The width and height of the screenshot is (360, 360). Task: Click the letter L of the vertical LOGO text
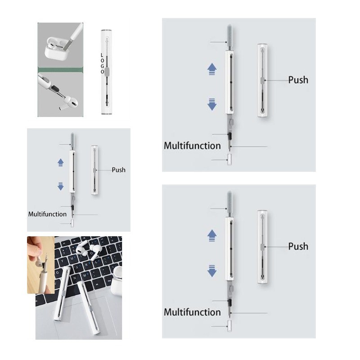(102, 55)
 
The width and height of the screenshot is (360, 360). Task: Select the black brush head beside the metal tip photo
(54, 88)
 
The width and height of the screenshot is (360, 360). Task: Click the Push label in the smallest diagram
(118, 170)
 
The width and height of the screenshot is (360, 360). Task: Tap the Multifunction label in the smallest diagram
(47, 214)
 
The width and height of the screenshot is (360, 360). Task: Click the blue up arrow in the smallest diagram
(61, 162)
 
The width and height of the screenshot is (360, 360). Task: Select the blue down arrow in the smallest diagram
(61, 186)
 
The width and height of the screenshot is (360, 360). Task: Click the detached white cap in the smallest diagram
(72, 224)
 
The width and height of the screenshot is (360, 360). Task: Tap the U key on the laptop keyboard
(72, 258)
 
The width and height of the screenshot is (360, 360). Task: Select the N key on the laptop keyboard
(75, 278)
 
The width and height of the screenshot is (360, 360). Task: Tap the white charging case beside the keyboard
(117, 282)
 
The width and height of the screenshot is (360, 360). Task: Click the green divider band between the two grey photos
(60, 70)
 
